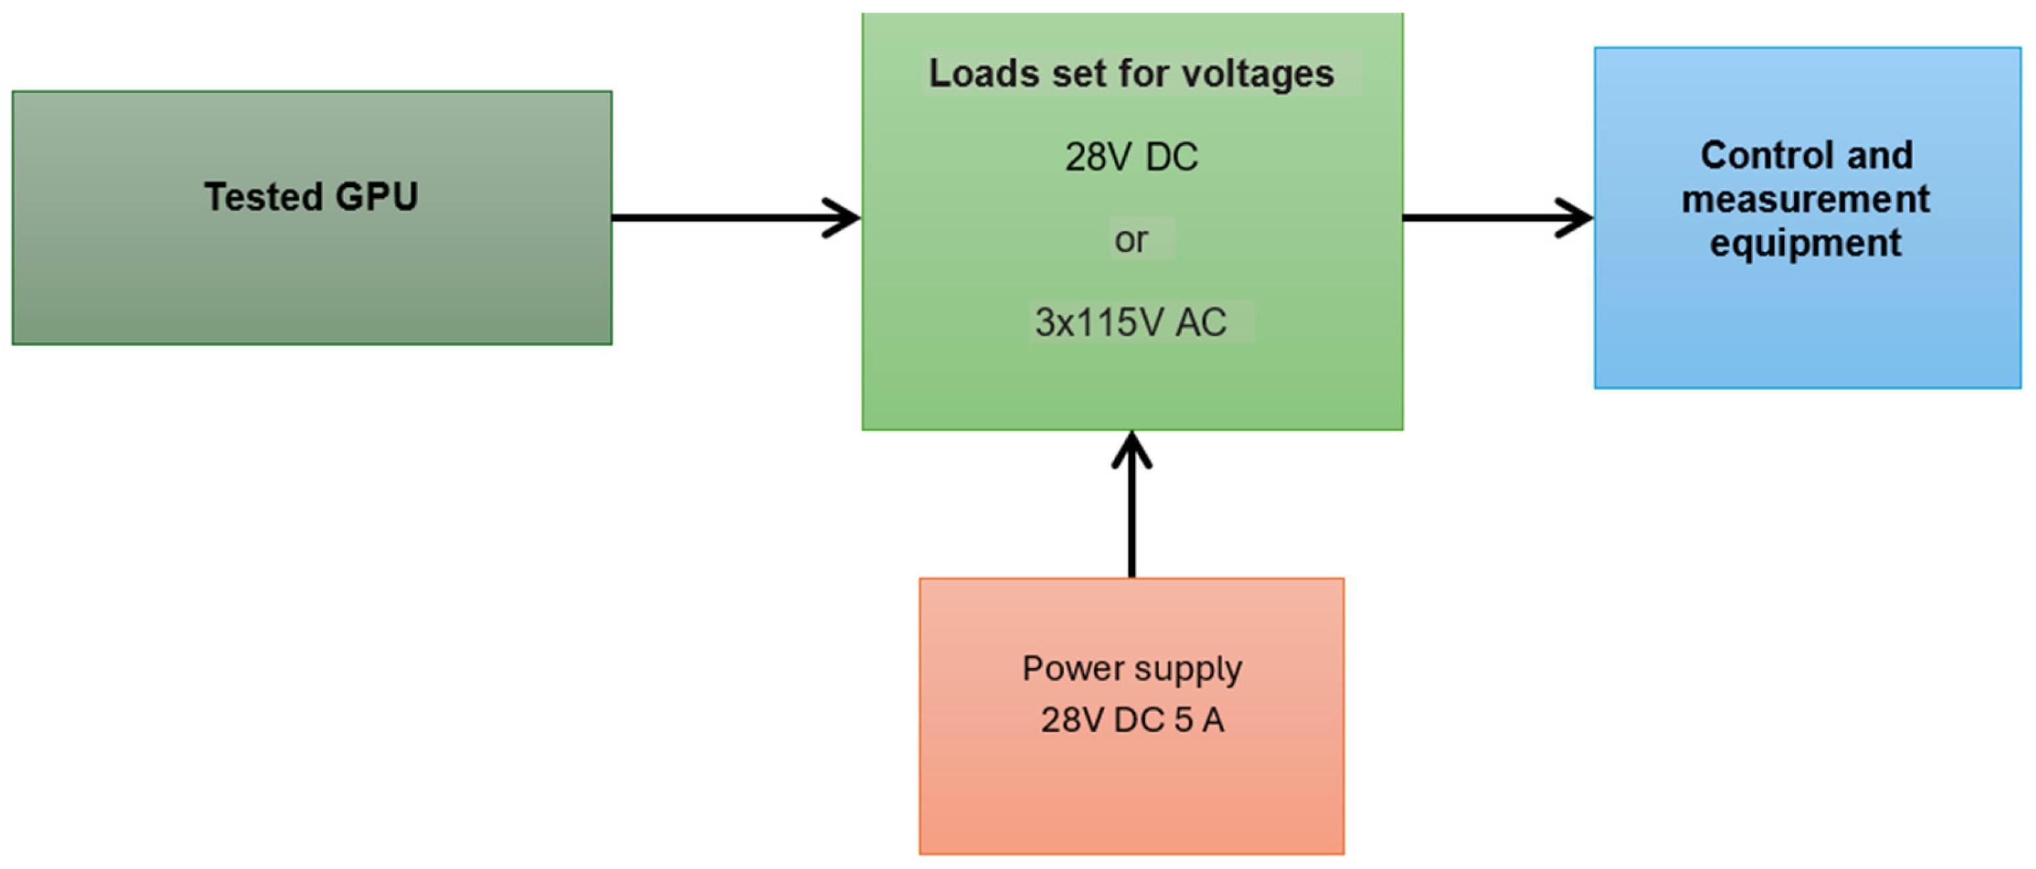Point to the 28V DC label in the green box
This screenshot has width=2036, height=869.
(1131, 156)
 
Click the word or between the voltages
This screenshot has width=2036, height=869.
(1131, 239)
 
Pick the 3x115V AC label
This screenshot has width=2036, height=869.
(1131, 322)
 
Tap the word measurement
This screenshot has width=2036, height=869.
(1805, 198)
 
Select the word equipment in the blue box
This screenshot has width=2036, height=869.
(1805, 243)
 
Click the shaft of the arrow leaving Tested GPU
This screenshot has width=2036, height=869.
(711, 218)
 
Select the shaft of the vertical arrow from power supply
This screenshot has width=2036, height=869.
(1132, 522)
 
